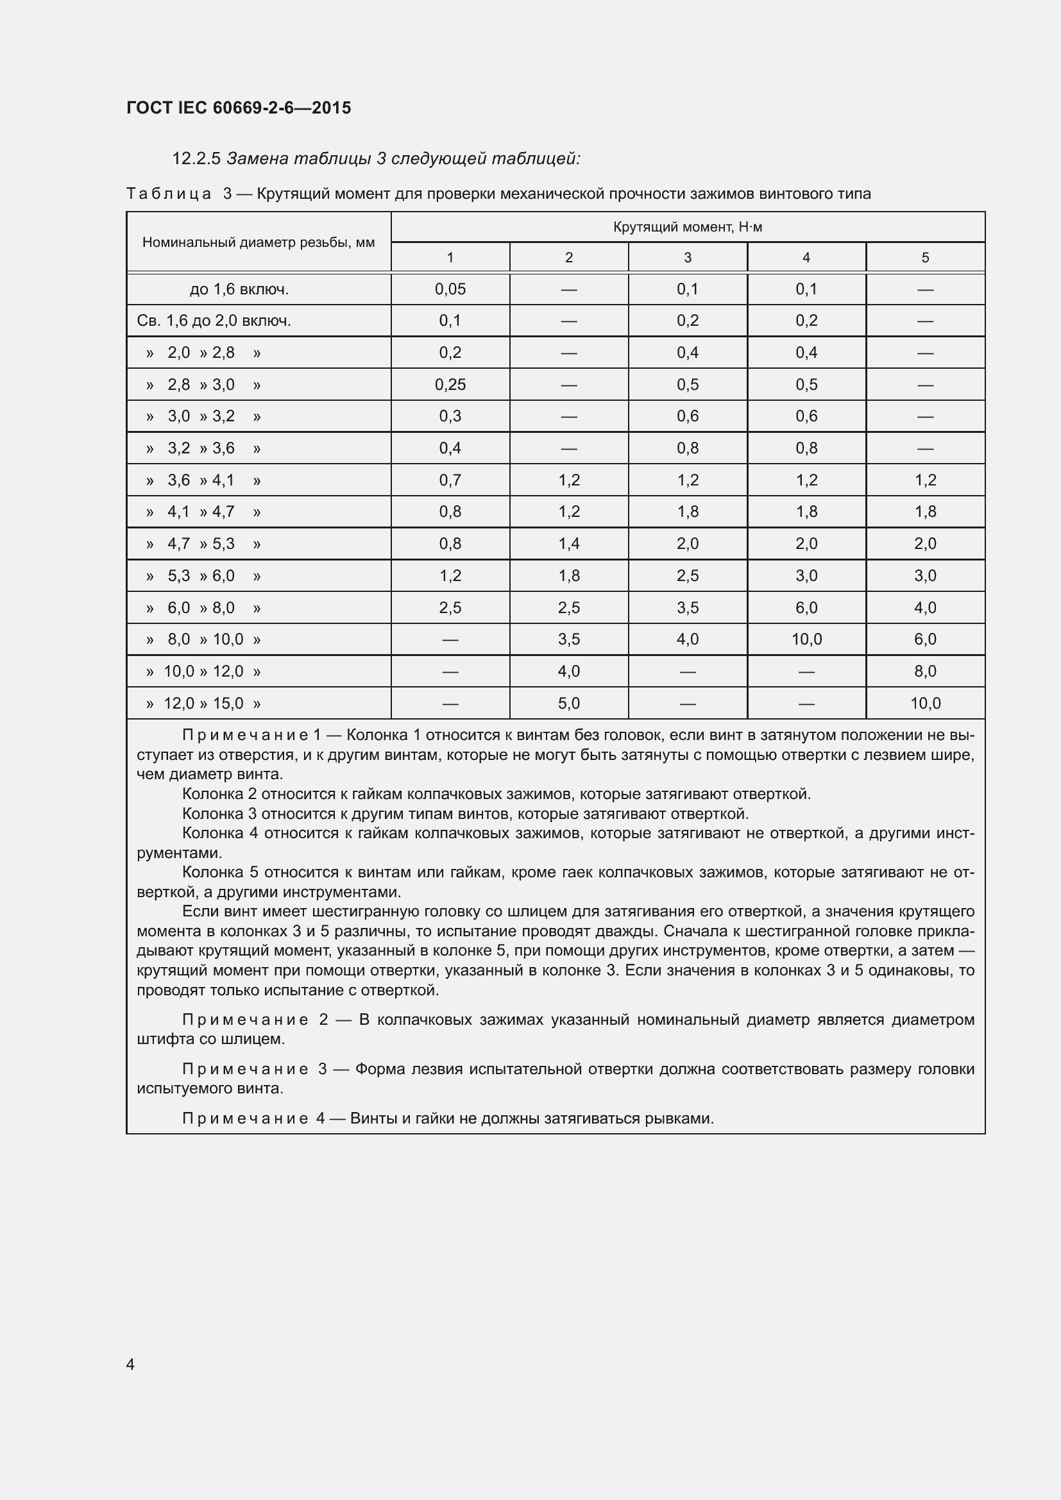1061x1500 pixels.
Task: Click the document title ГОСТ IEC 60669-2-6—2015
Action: coord(239,108)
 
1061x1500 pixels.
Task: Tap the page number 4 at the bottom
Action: coord(131,1364)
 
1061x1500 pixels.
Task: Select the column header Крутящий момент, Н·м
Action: coord(687,228)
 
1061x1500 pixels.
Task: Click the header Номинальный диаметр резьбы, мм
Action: coord(259,242)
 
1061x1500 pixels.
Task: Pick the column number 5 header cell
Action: coord(925,257)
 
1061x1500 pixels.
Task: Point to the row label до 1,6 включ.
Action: coord(239,289)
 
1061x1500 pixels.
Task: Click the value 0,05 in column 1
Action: coord(450,289)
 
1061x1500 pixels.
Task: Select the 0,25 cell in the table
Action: coord(450,385)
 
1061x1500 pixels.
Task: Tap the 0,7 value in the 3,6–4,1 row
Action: coord(450,480)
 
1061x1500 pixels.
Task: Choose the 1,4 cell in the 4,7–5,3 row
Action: coord(569,544)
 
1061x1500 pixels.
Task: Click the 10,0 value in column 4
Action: coord(806,639)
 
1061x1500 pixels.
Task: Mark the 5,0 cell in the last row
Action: coord(569,704)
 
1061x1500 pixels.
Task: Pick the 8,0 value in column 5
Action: coord(925,671)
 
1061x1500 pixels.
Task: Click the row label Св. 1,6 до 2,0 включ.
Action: coord(214,321)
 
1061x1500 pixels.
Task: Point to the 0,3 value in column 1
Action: coord(450,416)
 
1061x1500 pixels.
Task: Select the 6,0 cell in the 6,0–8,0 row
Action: coord(806,607)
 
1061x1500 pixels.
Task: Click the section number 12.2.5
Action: coord(196,159)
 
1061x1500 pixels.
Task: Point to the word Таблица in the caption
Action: coord(169,194)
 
